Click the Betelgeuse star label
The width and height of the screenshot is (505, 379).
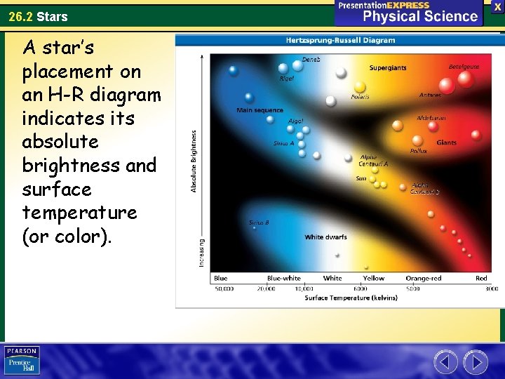[x=464, y=67]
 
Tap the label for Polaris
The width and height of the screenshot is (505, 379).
[x=360, y=97]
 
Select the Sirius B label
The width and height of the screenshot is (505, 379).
[x=259, y=222]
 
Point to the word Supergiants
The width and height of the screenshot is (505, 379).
[x=388, y=68]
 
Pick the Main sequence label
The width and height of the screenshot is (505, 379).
[x=260, y=110]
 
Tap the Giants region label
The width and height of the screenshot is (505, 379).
[x=446, y=142]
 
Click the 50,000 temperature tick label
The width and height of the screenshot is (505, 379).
[x=224, y=288]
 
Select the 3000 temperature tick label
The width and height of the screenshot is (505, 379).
[x=491, y=288]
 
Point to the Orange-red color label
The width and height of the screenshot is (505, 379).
[x=424, y=279]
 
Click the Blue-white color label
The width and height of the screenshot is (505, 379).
[x=283, y=279]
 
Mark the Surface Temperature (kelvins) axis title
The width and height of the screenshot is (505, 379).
[x=351, y=298]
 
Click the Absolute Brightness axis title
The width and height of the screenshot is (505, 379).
[x=194, y=161]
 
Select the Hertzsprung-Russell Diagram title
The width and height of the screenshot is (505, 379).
[x=340, y=40]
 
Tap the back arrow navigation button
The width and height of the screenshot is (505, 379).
[x=445, y=362]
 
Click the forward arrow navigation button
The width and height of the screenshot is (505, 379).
[x=476, y=362]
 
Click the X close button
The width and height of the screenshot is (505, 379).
[x=497, y=6]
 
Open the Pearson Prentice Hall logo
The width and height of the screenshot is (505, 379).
[x=22, y=361]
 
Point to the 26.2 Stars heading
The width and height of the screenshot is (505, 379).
[x=39, y=16]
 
